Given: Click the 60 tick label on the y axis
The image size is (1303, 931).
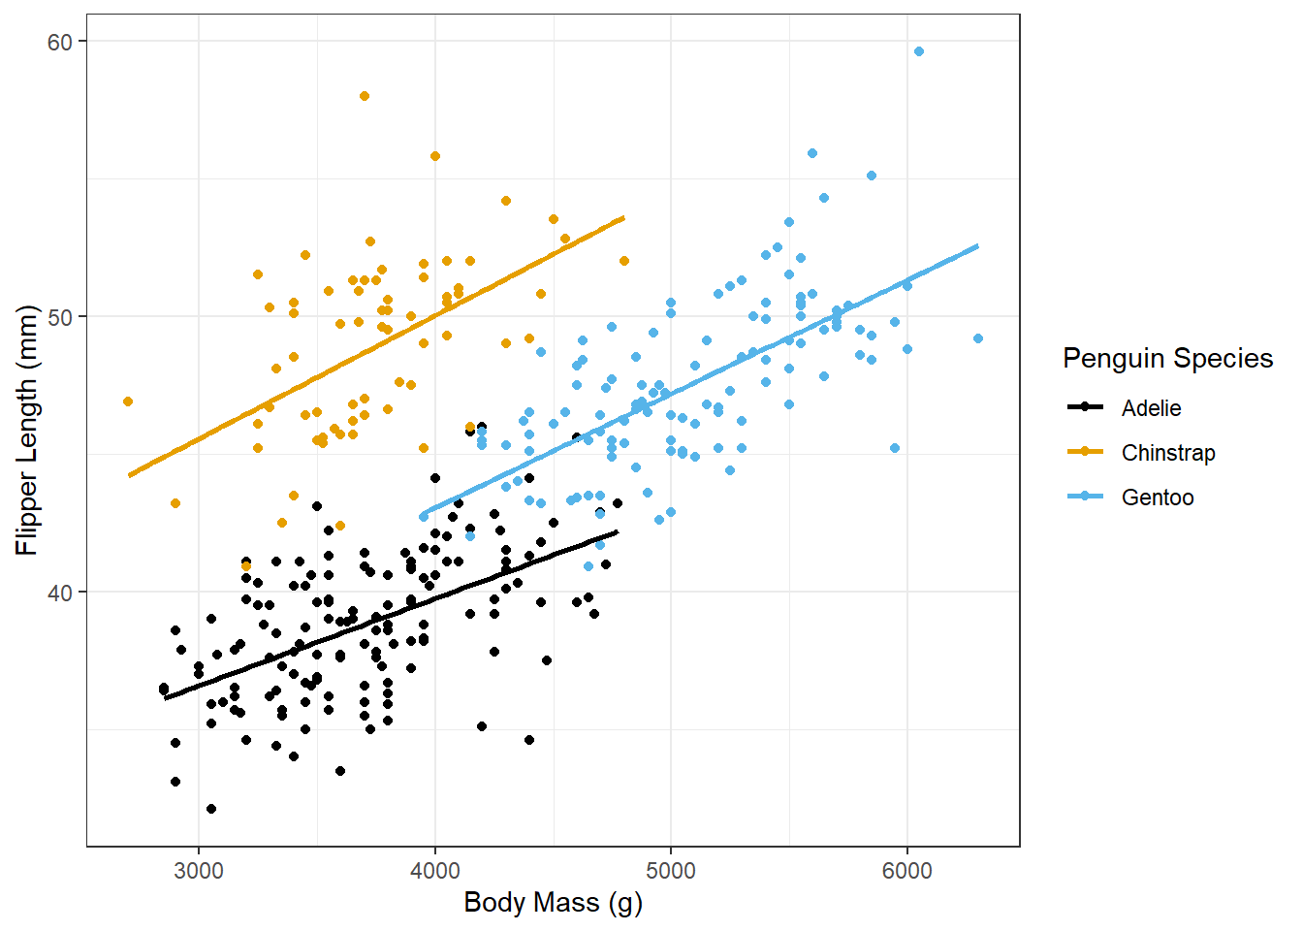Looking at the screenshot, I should (x=60, y=42).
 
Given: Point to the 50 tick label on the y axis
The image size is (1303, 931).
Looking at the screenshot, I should (x=60, y=317).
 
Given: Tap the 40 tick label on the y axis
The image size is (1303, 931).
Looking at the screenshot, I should (x=60, y=593).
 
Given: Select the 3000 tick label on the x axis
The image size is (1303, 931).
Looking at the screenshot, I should (x=199, y=871).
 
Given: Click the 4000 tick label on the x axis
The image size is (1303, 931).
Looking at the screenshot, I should (x=434, y=871).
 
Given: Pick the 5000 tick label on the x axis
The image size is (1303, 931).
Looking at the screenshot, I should (x=671, y=871).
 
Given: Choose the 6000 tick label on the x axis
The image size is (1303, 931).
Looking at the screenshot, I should (x=906, y=871).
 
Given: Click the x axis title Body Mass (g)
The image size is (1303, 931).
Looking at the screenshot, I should (x=553, y=903).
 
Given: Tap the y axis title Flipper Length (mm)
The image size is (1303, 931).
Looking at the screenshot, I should (x=27, y=430).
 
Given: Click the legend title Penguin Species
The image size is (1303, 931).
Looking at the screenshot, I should (x=1167, y=359).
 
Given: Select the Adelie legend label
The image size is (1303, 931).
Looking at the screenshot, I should (x=1151, y=408).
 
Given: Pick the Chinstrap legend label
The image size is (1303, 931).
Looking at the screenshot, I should (x=1167, y=453).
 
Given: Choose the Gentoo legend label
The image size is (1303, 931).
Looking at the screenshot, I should (x=1157, y=498).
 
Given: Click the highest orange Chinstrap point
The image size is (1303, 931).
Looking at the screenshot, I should (x=365, y=96).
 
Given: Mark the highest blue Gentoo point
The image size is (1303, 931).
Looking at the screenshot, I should (x=919, y=51).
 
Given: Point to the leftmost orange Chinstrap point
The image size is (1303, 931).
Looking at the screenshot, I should (x=128, y=401).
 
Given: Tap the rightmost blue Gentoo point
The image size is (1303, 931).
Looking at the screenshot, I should (x=978, y=338).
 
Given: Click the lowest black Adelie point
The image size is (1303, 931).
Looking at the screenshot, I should (x=211, y=809).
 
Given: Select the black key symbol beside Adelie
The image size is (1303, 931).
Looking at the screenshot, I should (x=1086, y=407).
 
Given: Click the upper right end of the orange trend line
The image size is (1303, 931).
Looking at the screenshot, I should (x=623, y=218).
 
